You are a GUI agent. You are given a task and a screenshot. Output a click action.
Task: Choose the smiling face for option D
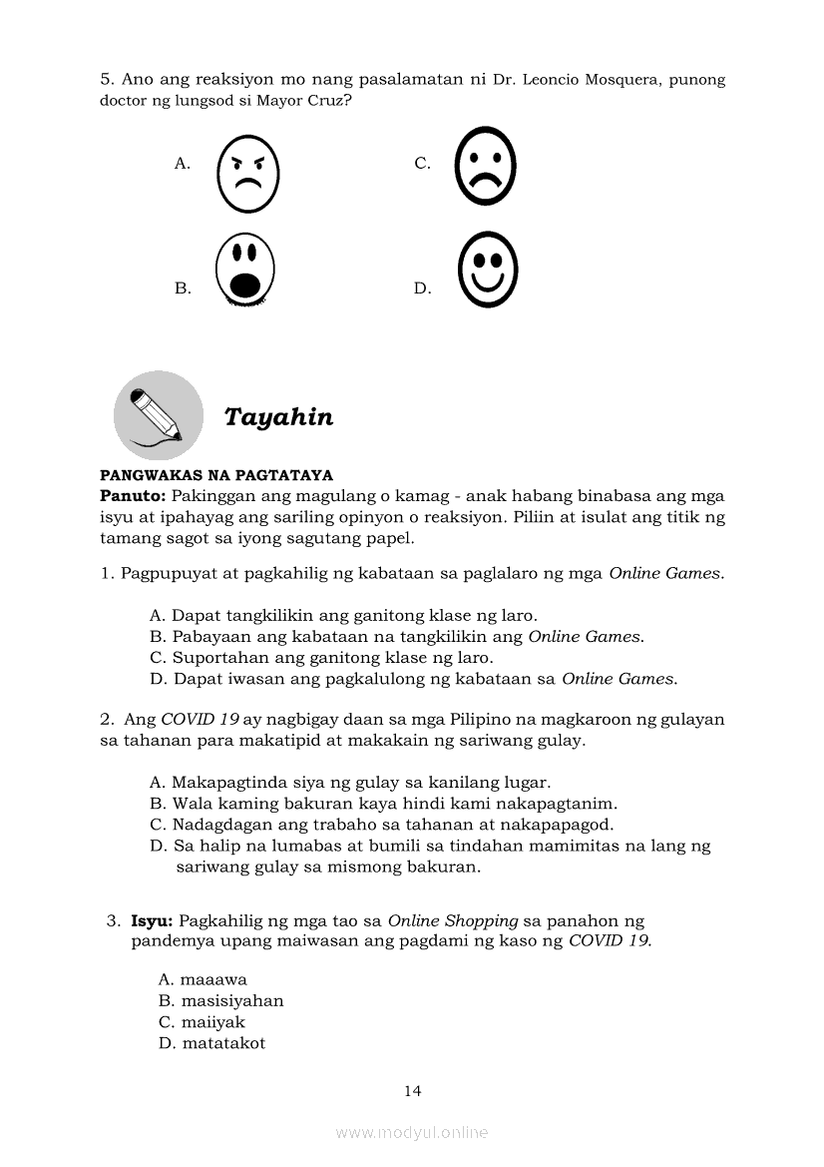coord(487,269)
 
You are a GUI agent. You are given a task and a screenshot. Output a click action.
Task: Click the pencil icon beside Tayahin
coord(158,414)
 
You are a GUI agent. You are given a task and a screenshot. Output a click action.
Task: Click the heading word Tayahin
coord(278,417)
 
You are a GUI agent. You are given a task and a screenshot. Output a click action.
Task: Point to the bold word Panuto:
coord(133,496)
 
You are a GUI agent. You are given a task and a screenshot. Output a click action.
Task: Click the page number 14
coord(413,1091)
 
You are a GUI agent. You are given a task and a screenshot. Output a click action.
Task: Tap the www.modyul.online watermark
coord(412,1133)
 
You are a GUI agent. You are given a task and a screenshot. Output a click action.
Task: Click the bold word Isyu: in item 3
coord(153,920)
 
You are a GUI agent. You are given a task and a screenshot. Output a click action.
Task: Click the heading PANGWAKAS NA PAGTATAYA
coord(216,475)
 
